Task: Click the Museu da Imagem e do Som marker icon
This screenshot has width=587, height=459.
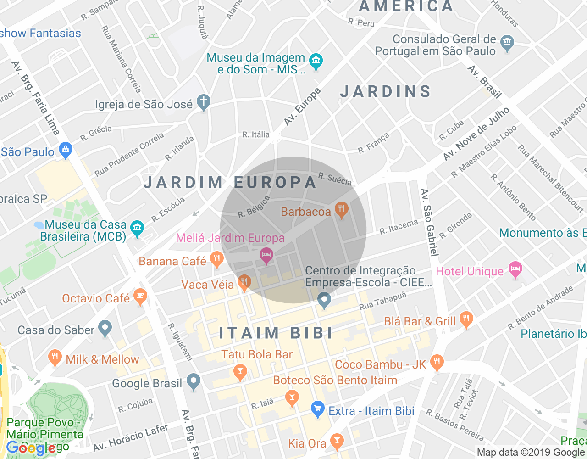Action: click(316, 62)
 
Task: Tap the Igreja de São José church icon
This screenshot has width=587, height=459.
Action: click(203, 102)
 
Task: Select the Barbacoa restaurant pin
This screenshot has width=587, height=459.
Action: click(341, 210)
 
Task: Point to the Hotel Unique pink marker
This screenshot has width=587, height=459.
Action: click(515, 269)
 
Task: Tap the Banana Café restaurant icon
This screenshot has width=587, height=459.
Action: click(216, 259)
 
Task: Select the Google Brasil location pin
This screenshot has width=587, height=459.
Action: click(194, 381)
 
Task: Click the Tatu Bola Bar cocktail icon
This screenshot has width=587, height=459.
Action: click(240, 371)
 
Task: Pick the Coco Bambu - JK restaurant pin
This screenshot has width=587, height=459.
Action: click(437, 363)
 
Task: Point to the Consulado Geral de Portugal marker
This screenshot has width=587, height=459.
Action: click(507, 43)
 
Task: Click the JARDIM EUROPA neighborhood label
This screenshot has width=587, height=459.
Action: click(230, 182)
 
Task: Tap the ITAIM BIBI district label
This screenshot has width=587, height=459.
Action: click(276, 333)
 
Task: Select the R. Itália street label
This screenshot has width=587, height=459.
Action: click(256, 134)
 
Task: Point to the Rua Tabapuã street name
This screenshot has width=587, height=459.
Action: click(382, 300)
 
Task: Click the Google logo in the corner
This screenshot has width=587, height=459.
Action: click(31, 448)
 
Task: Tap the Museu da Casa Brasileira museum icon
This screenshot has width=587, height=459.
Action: click(137, 228)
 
